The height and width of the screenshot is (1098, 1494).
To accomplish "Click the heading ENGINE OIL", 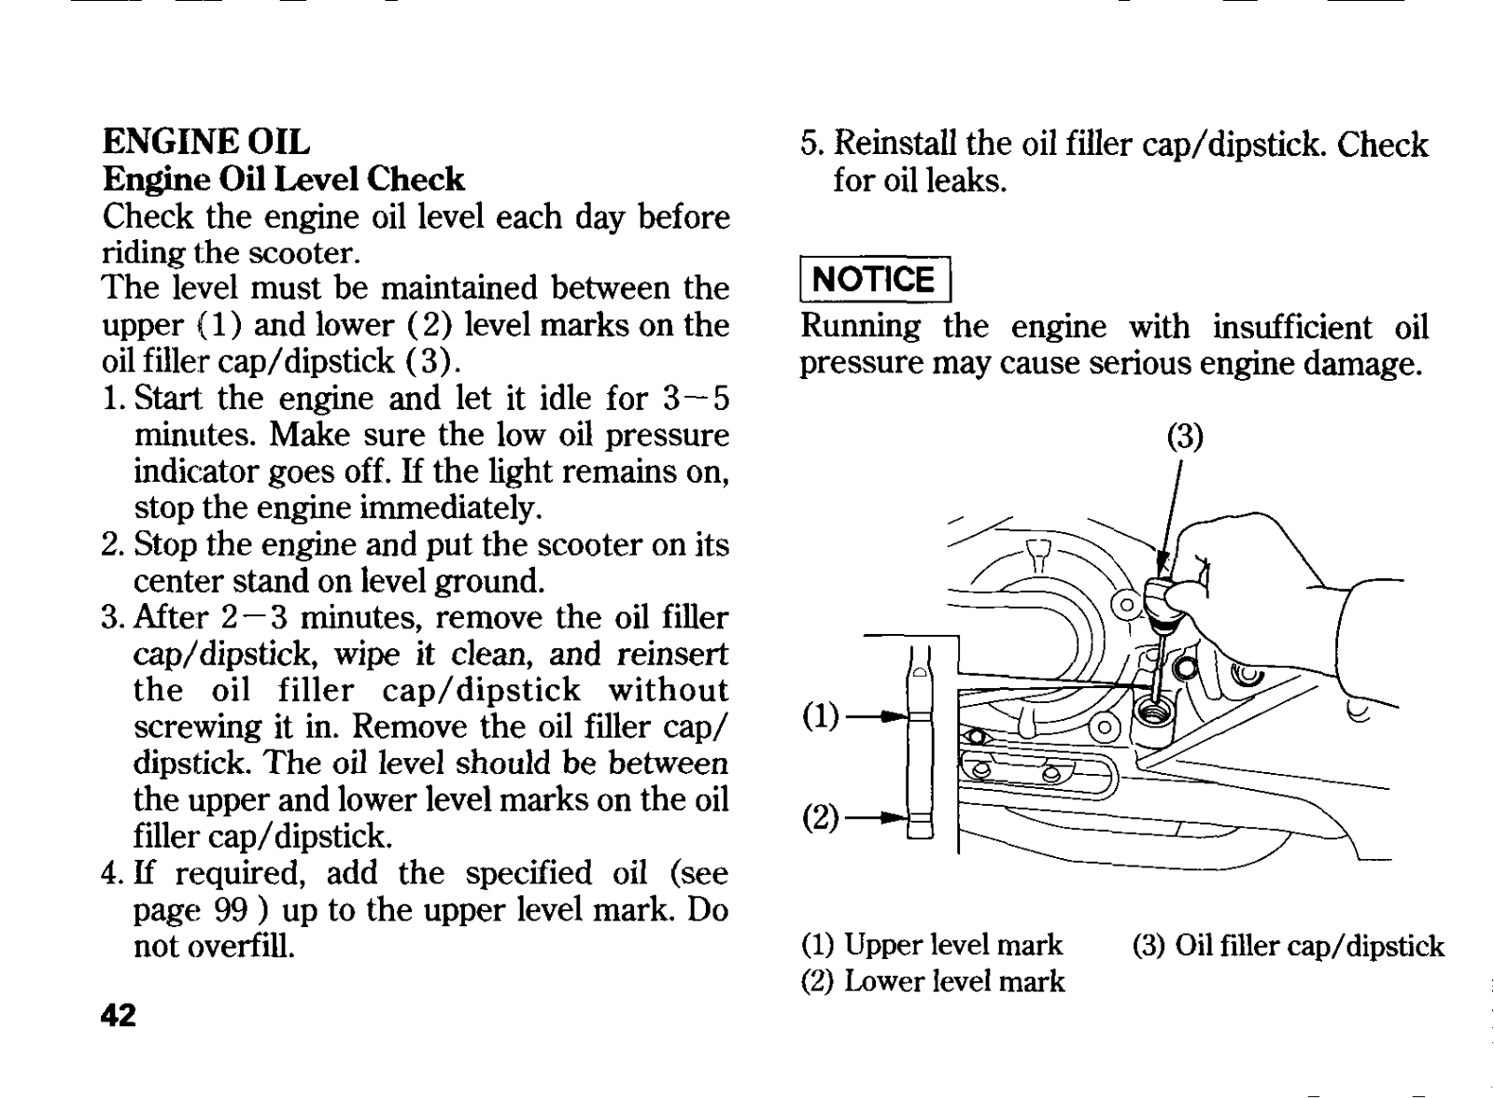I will coord(205,142).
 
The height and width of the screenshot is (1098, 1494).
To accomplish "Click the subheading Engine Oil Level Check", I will coord(283,178).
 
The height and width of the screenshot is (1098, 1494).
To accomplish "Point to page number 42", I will coord(119,1015).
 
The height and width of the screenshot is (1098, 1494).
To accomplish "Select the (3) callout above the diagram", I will coord(1185,437).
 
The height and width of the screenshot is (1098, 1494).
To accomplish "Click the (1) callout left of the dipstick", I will coord(822,716).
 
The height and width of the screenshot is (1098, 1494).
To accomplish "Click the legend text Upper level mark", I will coord(953,945).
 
